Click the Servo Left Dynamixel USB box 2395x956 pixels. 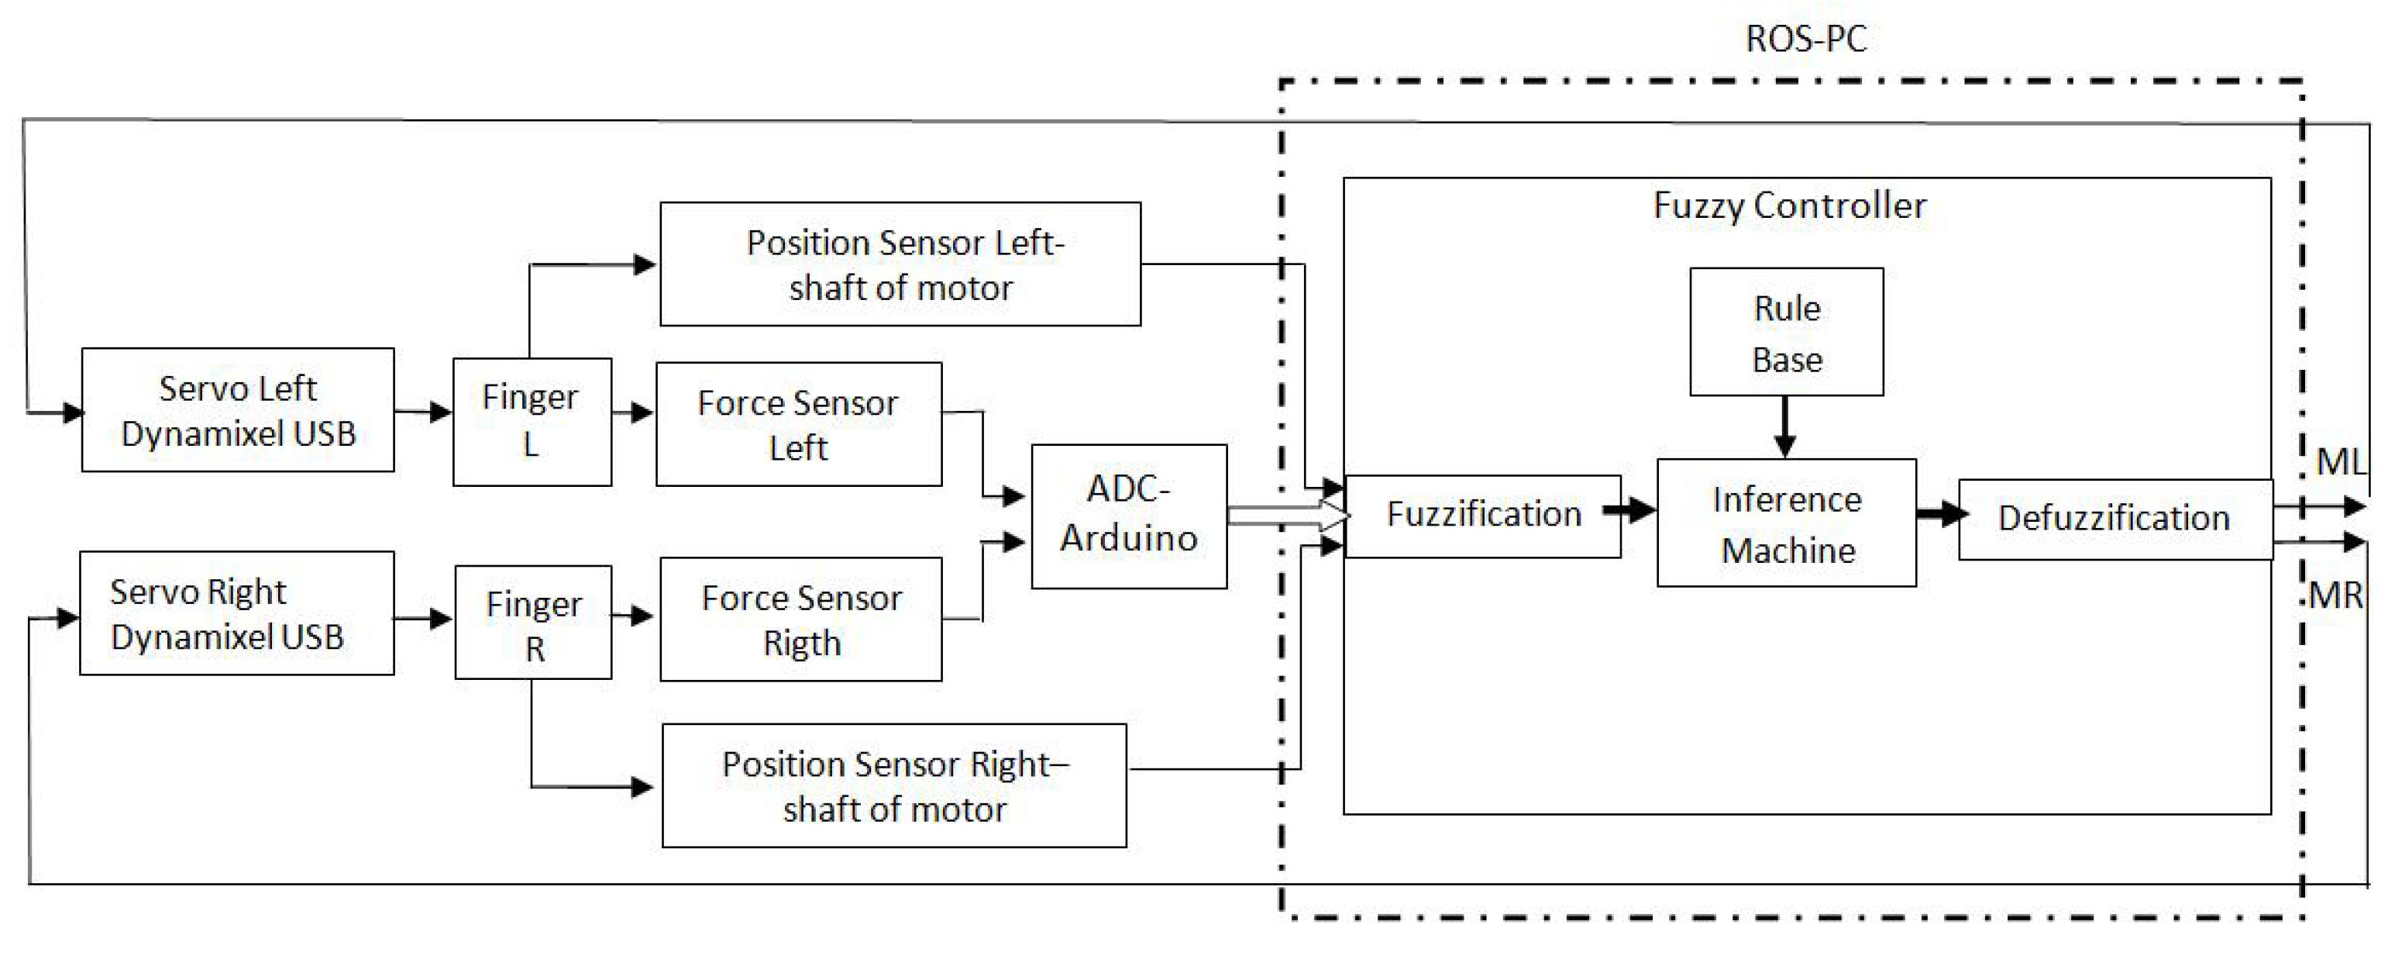click(237, 410)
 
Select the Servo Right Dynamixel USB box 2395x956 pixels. click(236, 614)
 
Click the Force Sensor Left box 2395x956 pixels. click(799, 424)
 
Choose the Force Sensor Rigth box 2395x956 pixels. click(800, 620)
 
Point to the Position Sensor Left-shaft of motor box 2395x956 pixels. click(900, 264)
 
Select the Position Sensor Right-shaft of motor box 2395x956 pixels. click(894, 786)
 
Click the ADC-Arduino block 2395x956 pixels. click(1129, 516)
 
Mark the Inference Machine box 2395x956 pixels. click(1786, 523)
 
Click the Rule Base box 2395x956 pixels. click(1786, 332)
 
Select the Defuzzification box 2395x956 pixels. click(2115, 519)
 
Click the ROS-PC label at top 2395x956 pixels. click(1805, 39)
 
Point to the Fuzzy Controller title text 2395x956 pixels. click(1789, 205)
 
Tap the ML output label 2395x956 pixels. click(2339, 461)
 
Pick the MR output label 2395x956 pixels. click(2335, 595)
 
